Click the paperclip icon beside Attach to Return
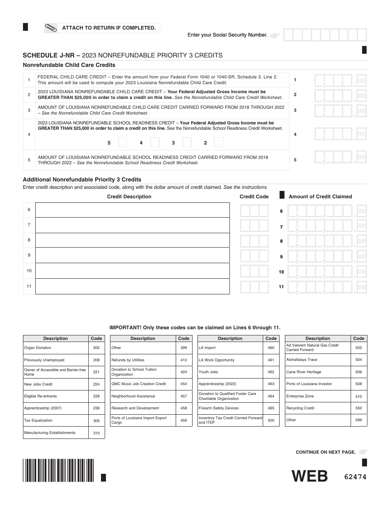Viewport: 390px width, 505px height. point(51,28)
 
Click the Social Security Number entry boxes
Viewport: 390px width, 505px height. point(325,35)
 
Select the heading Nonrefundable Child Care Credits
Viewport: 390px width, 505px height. point(69,65)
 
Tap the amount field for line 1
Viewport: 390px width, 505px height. point(340,80)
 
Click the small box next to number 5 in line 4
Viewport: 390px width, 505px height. point(122,142)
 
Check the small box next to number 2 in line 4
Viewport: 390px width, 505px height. point(219,142)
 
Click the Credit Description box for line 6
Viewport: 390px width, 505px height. point(132,210)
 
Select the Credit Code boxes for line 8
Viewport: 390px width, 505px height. point(254,241)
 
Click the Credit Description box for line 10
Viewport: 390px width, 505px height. point(132,271)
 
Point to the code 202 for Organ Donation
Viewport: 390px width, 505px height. point(96,348)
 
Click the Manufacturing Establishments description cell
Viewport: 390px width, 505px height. point(56,433)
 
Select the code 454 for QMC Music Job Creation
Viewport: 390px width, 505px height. point(184,384)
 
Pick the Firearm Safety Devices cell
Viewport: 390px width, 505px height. point(230,408)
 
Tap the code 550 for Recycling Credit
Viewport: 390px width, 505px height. point(358,408)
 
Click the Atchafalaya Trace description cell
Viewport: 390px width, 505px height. point(317,360)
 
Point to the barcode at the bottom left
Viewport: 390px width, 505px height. point(59,470)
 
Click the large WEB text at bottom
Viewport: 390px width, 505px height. point(310,476)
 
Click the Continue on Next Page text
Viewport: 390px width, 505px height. point(326,452)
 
